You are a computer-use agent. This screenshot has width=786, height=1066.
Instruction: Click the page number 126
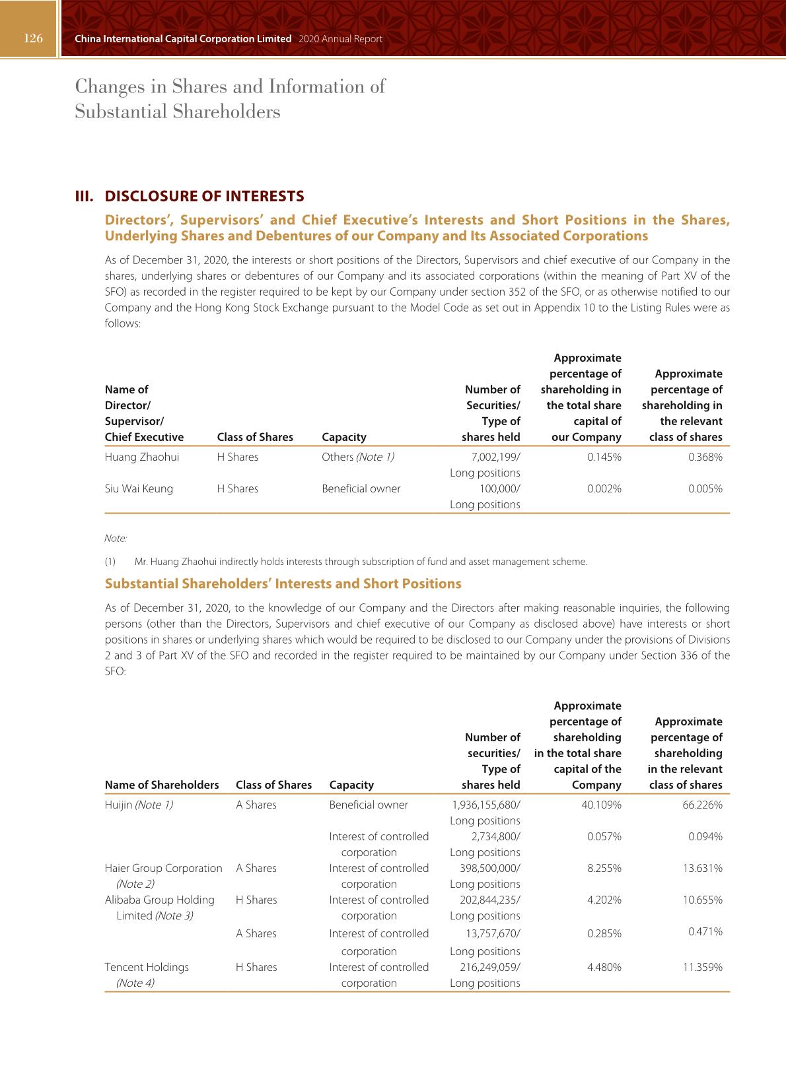coord(33,38)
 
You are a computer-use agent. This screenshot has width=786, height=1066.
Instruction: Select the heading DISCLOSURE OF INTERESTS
coord(204,196)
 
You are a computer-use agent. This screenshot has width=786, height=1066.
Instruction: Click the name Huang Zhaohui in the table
coord(142,457)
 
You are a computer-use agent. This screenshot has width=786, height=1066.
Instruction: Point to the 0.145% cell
coord(604,457)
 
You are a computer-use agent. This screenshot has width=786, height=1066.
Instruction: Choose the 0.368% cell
coord(705,457)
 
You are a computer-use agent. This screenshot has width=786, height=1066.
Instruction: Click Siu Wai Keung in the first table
coord(139,488)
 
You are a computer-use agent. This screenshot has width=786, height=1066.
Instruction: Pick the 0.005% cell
coord(705,488)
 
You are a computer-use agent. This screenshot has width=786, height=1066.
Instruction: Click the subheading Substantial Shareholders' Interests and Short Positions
coord(283,583)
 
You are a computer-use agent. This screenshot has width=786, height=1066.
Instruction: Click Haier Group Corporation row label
coord(163,868)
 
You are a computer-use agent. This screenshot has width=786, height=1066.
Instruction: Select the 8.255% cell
coord(604,868)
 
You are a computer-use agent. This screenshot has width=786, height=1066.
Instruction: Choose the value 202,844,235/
coord(489,900)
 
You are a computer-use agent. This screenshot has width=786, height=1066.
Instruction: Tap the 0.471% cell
coord(705,931)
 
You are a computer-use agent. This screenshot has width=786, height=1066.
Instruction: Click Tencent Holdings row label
coord(147,967)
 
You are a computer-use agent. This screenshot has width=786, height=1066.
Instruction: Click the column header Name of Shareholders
coord(162,785)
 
